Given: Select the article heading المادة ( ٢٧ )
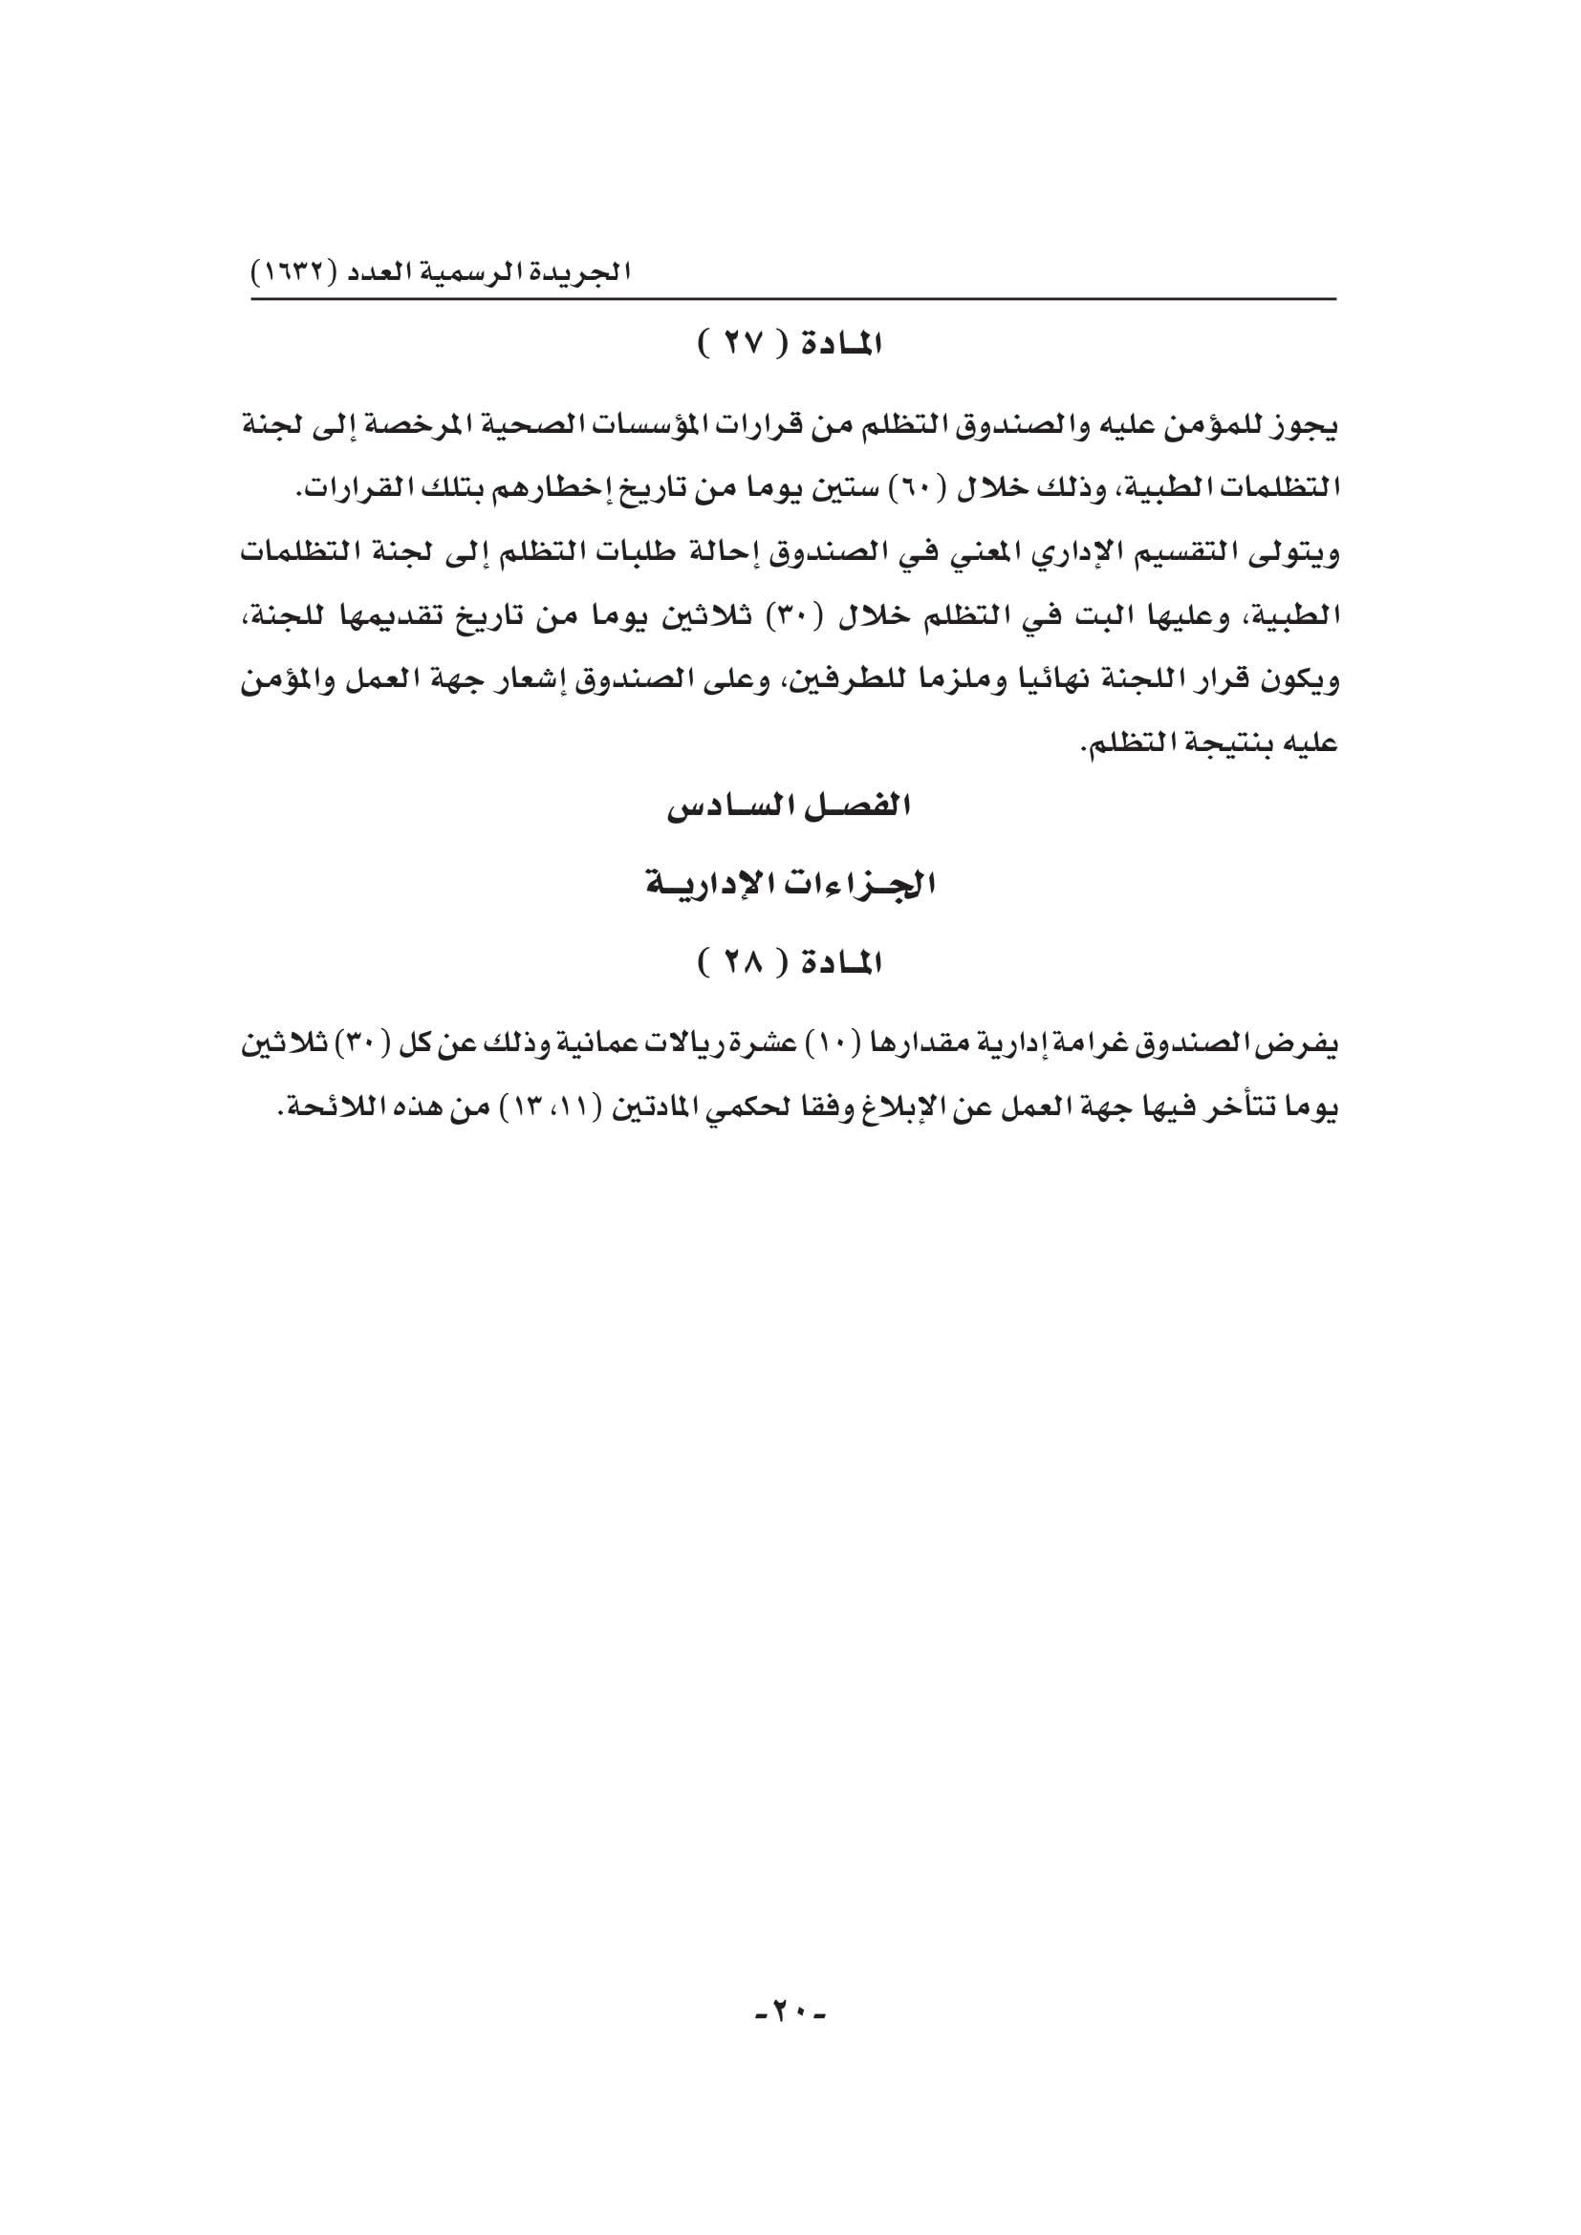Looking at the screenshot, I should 790,345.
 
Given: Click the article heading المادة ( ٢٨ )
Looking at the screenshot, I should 790,964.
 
